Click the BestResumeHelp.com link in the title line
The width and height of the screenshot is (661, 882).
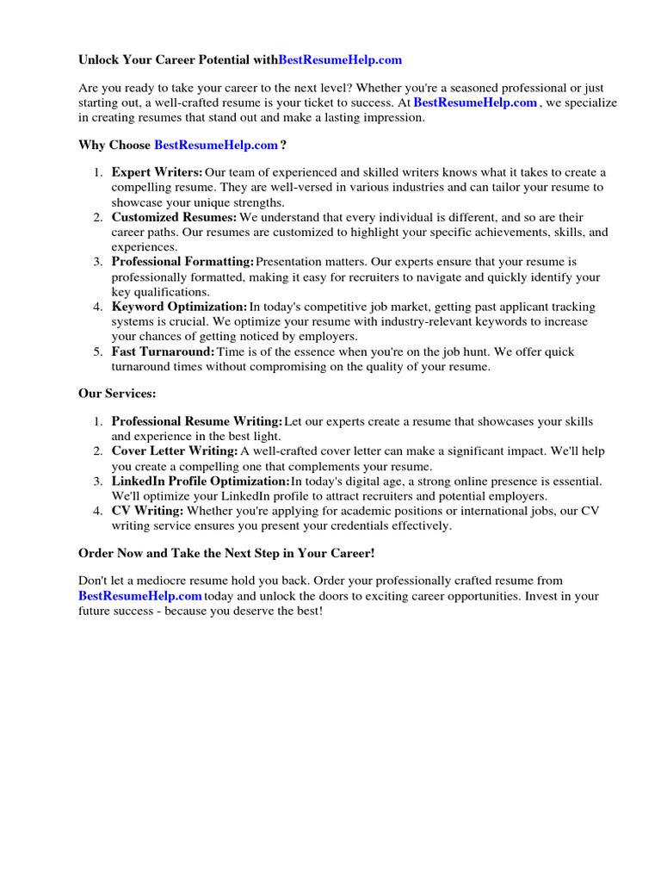pyautogui.click(x=340, y=60)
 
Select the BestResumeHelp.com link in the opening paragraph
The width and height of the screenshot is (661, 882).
pyautogui.click(x=475, y=102)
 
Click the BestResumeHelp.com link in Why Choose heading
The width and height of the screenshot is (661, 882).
pyautogui.click(x=216, y=145)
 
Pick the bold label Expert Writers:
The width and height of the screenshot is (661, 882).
pyautogui.click(x=158, y=172)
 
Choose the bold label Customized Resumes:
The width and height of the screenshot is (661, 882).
pyautogui.click(x=174, y=217)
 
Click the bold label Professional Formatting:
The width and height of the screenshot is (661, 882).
pyautogui.click(x=182, y=262)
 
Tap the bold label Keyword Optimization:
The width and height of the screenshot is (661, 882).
pyautogui.click(x=179, y=307)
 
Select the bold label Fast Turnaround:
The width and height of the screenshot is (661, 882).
pyautogui.click(x=163, y=351)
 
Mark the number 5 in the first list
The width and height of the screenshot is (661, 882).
pyautogui.click(x=97, y=351)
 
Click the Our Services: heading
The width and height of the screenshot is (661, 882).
pyautogui.click(x=117, y=394)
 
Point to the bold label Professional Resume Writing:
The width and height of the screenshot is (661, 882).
pyautogui.click(x=197, y=421)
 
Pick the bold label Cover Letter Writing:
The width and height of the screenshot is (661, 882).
pyautogui.click(x=175, y=450)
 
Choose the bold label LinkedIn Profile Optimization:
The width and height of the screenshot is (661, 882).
pyautogui.click(x=201, y=481)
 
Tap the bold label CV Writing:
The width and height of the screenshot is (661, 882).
pyautogui.click(x=147, y=511)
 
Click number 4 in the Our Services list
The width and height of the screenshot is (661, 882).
pyautogui.click(x=97, y=511)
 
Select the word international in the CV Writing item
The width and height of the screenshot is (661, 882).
pyautogui.click(x=483, y=511)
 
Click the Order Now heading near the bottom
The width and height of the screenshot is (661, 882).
pyautogui.click(x=226, y=553)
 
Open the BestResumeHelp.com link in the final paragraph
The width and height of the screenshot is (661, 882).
pyautogui.click(x=140, y=596)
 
